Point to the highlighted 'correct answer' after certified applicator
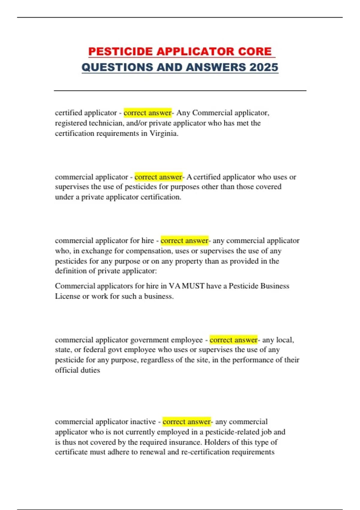(147, 113)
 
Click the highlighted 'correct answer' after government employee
(233, 340)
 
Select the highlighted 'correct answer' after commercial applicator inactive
(187, 422)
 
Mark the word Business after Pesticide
(274, 286)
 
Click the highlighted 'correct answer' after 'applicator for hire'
(184, 241)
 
